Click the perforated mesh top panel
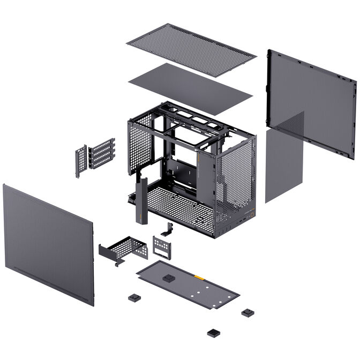191,49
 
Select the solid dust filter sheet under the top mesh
190,88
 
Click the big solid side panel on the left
48,244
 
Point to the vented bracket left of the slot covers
80,161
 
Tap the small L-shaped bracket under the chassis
169,229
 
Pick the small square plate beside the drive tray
161,247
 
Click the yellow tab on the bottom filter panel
199,278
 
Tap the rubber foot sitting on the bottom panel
169,279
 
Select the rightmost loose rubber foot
247,312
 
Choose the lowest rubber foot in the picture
213,333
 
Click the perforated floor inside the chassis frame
177,206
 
